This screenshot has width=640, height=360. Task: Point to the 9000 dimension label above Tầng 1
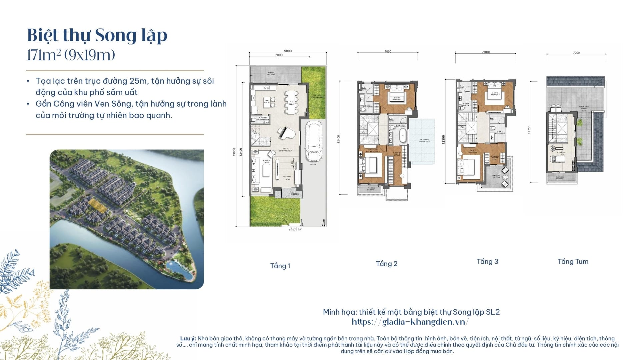pyautogui.click(x=288, y=51)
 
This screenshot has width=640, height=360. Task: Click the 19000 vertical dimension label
pyautogui.click(x=235, y=152)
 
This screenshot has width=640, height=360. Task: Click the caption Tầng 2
pyautogui.click(x=386, y=264)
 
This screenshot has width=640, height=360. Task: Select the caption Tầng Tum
pyautogui.click(x=573, y=262)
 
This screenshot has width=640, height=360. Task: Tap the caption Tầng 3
pyautogui.click(x=487, y=262)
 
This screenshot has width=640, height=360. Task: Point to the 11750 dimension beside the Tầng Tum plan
pyautogui.click(x=529, y=130)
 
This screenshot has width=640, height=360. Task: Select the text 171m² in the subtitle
pyautogui.click(x=43, y=55)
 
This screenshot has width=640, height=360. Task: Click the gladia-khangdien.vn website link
pyautogui.click(x=411, y=322)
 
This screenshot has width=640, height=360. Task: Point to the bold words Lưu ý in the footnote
pyautogui.click(x=188, y=339)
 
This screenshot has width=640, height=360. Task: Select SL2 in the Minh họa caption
pyautogui.click(x=493, y=312)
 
